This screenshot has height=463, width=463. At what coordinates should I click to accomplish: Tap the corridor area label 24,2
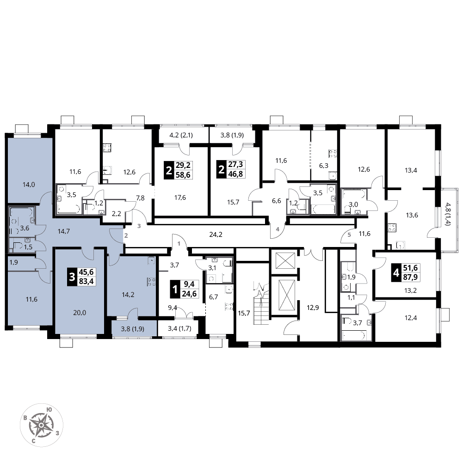216,235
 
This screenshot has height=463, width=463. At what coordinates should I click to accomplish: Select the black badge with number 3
72,277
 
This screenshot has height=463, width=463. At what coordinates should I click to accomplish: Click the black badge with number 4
396,273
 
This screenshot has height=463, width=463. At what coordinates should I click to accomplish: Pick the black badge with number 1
175,290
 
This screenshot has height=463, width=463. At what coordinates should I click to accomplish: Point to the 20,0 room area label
80,313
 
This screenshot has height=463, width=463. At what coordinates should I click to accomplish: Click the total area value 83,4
86,281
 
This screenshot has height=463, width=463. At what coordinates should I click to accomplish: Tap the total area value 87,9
410,277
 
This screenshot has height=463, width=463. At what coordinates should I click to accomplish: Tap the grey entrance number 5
349,235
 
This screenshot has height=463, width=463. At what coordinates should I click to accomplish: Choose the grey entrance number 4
278,229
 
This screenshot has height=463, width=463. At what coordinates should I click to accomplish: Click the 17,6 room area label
180,198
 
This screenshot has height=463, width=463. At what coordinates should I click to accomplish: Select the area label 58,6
183,175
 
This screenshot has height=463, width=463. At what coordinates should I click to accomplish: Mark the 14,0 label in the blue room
29,185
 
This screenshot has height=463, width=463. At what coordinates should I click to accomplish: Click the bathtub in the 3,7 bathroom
354,335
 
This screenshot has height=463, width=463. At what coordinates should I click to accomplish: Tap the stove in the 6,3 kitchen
333,154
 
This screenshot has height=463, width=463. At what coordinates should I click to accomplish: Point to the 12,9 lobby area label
313,308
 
